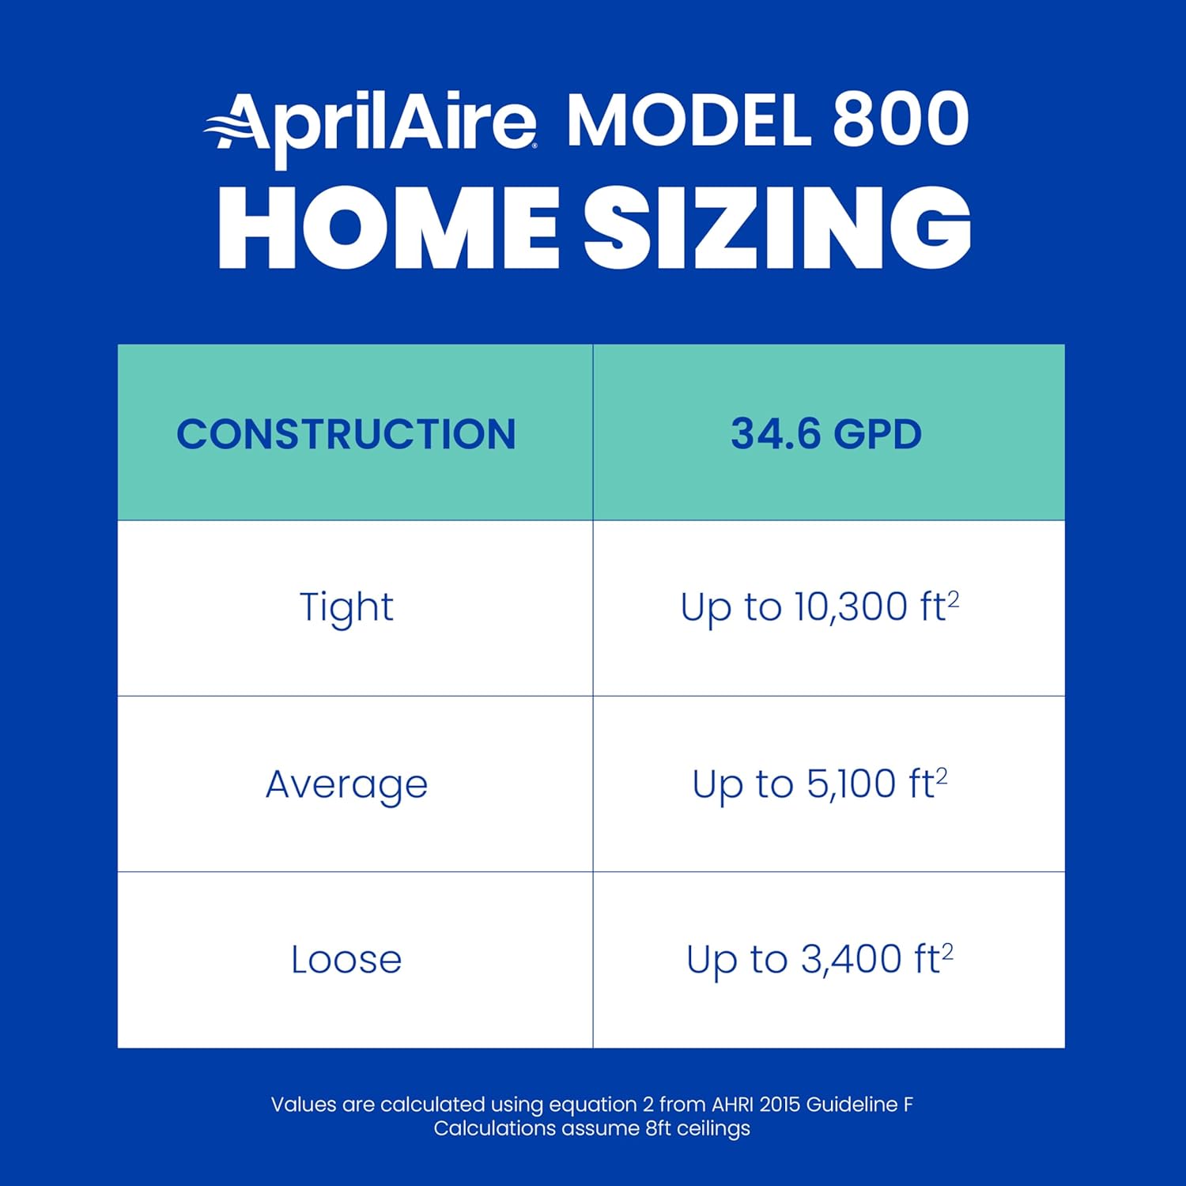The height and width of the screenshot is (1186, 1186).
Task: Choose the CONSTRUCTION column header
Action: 346,434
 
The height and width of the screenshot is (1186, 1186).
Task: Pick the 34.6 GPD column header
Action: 826,434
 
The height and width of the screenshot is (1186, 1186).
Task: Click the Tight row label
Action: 346,607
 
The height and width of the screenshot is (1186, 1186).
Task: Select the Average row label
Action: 346,784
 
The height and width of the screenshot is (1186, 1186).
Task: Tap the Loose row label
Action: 346,960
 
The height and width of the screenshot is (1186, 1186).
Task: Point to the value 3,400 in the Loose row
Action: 851,960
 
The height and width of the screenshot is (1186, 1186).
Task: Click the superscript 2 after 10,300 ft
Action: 954,599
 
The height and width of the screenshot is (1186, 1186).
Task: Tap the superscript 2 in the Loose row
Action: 947,951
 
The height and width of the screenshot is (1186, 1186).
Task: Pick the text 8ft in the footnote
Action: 658,1128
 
